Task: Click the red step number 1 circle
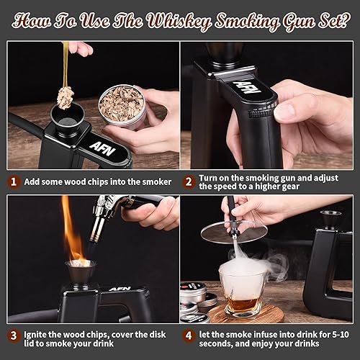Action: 13,182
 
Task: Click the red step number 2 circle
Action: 189,182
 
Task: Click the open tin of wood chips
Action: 122,107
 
